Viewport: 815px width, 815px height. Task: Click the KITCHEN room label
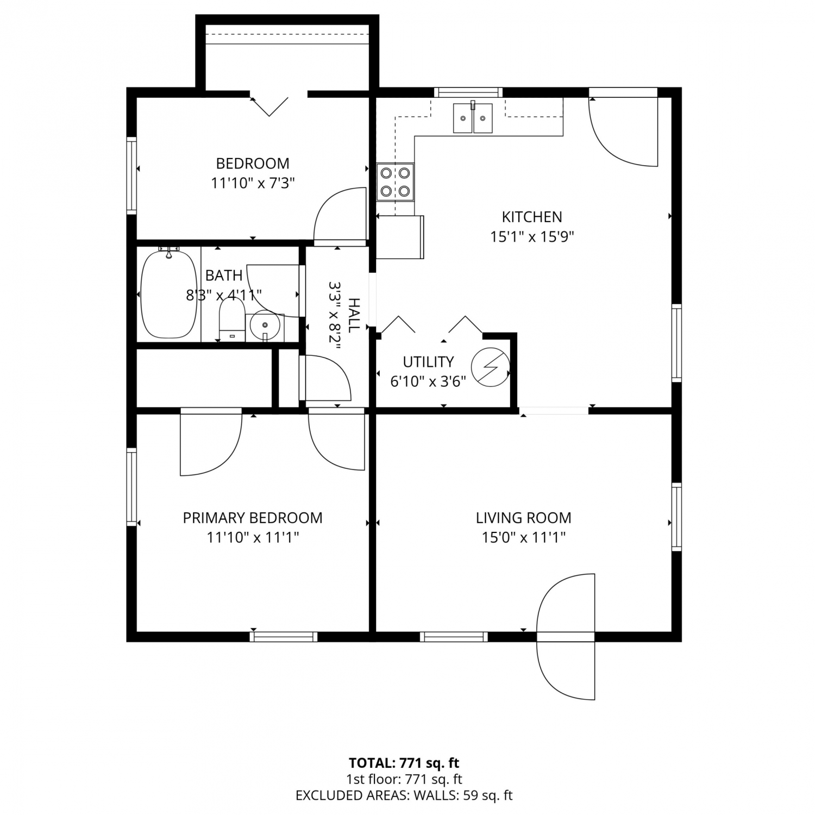point(531,217)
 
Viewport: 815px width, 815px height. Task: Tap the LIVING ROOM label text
point(523,518)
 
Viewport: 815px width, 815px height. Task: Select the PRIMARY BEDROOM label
point(253,518)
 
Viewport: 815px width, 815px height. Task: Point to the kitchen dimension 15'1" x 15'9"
point(532,237)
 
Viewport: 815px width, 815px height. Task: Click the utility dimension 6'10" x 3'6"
point(428,381)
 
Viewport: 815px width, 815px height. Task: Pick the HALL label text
point(354,315)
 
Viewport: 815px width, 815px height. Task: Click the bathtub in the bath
point(169,293)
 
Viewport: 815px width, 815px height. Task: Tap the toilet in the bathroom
point(232,321)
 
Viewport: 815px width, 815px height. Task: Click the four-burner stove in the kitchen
point(395,182)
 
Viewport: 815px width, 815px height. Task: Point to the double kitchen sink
point(473,118)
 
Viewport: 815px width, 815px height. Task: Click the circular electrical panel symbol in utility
point(490,367)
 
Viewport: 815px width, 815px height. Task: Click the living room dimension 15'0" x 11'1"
point(524,537)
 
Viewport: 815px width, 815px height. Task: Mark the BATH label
point(224,275)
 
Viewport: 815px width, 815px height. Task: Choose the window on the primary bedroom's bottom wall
point(284,637)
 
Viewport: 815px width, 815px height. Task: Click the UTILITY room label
point(428,362)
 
